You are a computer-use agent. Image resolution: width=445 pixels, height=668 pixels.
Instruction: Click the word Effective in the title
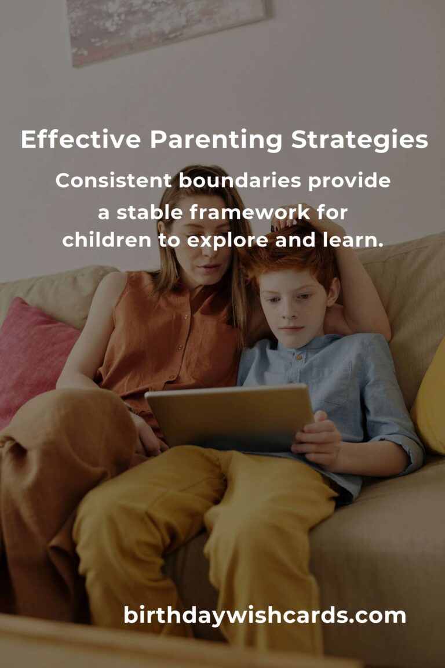coord(81,140)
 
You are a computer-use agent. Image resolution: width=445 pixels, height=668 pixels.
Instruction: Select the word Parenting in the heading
coord(216,140)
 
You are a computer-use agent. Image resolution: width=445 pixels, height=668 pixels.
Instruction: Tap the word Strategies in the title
coord(360,140)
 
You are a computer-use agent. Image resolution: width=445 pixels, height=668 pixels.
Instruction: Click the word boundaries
coord(240,181)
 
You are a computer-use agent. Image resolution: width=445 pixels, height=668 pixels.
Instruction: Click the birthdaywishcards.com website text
coord(264,615)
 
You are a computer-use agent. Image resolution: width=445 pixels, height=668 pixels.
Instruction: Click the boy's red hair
coord(290,261)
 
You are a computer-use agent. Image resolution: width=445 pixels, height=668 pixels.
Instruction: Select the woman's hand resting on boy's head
coord(296,220)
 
